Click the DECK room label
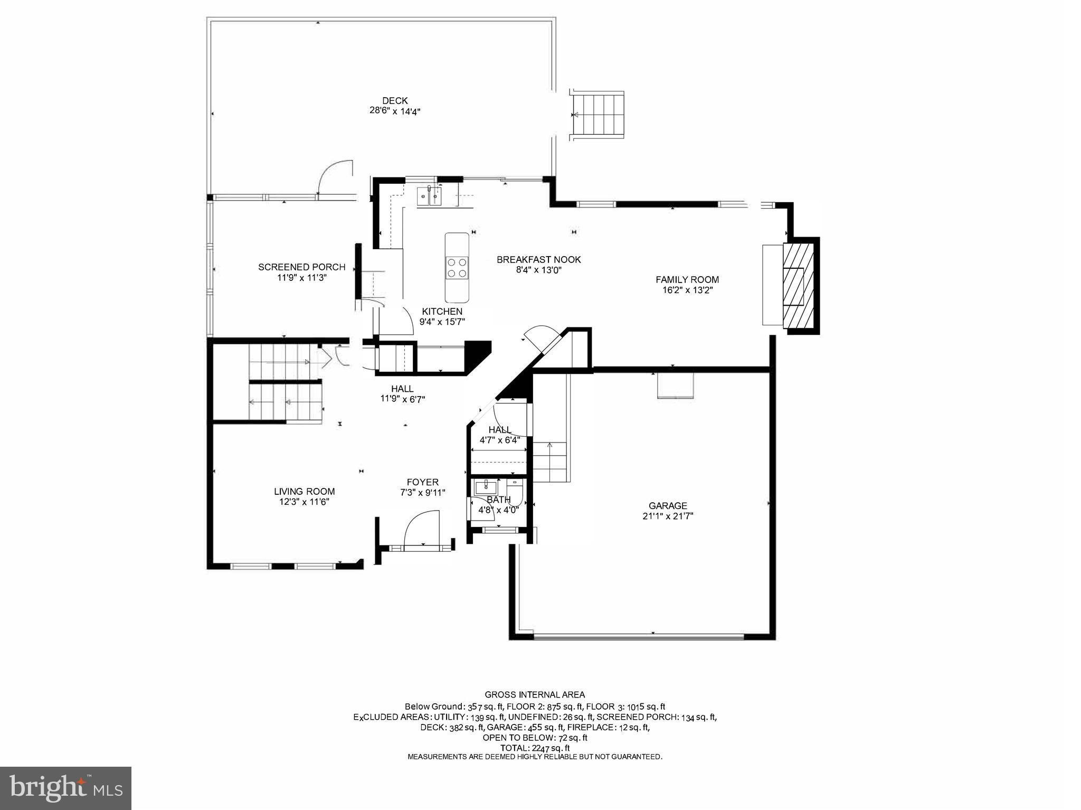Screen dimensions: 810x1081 (x=395, y=100)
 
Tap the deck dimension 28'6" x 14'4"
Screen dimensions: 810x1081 (x=395, y=111)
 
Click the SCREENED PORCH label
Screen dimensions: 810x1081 (x=301, y=267)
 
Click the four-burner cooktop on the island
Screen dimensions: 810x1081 (x=457, y=268)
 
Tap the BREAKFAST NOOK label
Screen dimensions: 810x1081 (x=538, y=260)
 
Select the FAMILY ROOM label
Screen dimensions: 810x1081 (x=687, y=280)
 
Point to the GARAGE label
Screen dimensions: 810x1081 (x=668, y=506)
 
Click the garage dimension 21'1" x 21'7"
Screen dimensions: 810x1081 (x=668, y=516)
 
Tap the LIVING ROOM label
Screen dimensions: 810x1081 (x=304, y=492)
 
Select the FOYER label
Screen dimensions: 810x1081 (x=422, y=482)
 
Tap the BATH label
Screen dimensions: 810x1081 (x=498, y=500)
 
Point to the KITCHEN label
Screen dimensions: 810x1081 (x=442, y=312)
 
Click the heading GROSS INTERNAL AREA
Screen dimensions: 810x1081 (x=534, y=695)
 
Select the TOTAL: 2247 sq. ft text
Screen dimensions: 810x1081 (x=535, y=748)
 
